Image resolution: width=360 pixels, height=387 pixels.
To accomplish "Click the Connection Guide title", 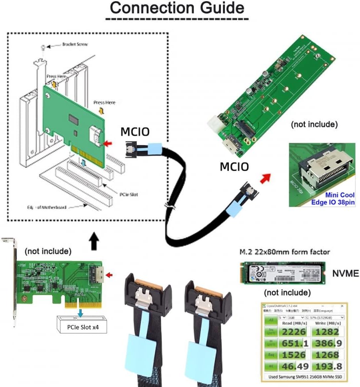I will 176,8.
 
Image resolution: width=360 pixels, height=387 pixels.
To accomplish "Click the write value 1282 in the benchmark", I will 328,332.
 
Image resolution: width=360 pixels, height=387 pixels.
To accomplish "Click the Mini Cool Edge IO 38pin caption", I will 334,199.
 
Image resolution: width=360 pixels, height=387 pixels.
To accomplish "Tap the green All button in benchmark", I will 271,320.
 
